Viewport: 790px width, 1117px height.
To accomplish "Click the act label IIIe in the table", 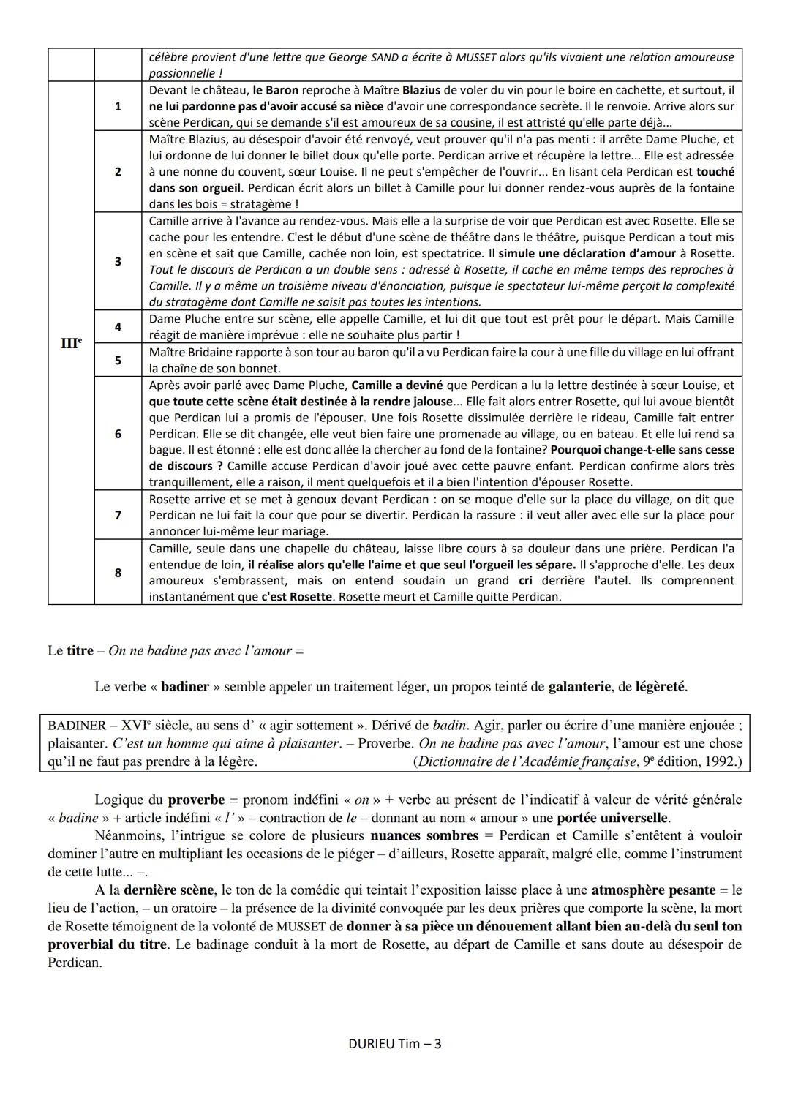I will click(x=70, y=342).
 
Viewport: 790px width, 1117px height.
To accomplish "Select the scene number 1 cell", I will click(x=118, y=106).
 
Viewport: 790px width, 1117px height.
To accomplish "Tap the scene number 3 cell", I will click(x=118, y=261).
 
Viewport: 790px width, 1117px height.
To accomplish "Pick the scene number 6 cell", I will click(x=118, y=434).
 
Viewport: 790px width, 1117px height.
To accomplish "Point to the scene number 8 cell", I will click(x=118, y=573).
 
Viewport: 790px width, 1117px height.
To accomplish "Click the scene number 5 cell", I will click(x=118, y=360).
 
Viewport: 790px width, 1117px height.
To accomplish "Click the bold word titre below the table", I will click(x=80, y=650).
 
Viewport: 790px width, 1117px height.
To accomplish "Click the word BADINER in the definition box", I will click(x=77, y=726).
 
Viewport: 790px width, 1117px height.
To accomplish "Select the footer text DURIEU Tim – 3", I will click(x=395, y=1043).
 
